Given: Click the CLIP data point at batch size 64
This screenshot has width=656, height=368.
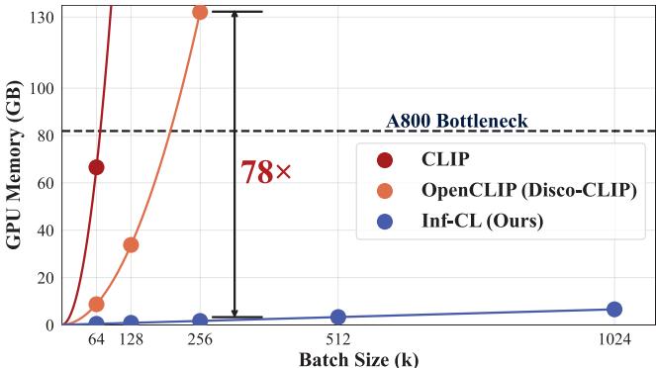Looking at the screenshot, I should (96, 167).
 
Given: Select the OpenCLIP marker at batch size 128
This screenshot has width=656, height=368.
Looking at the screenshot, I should (131, 244).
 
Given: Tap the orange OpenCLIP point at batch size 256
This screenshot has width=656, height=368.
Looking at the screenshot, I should (200, 12).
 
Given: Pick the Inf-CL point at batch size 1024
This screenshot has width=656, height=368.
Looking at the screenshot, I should (613, 309).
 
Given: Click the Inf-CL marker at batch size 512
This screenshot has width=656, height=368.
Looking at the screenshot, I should (338, 317).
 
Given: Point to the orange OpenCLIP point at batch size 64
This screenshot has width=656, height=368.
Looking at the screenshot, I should (96, 304).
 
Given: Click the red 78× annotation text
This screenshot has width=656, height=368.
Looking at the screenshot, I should (266, 173).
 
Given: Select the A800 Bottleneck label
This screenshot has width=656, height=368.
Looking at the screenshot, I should (456, 122).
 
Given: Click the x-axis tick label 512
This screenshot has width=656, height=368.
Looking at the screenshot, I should (338, 339).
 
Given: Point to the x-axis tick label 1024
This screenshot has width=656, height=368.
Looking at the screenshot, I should (613, 339).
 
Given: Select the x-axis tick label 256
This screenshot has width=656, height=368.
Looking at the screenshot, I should (200, 339).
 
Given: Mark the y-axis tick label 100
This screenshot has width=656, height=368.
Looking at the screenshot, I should (40, 88).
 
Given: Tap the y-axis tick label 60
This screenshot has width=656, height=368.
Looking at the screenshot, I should (44, 183).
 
